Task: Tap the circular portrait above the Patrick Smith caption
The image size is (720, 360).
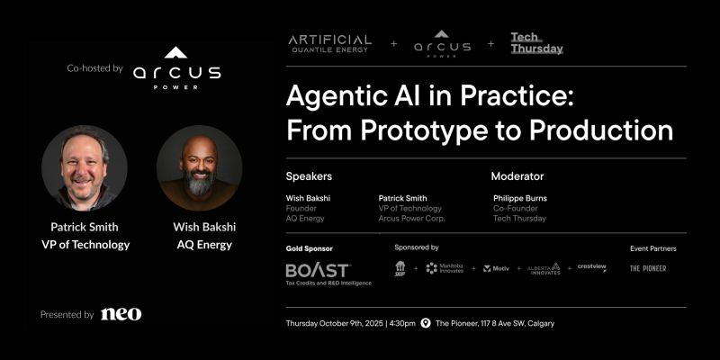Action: (85, 168)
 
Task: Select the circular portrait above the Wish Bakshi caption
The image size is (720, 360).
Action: (199, 168)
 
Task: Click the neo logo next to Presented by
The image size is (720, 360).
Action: (121, 314)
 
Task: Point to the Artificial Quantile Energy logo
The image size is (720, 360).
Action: (329, 43)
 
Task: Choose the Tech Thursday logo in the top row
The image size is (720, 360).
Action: (536, 43)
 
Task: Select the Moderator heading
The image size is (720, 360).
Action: (517, 176)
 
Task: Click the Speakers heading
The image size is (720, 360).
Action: (309, 176)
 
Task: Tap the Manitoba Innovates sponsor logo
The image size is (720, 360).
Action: (445, 268)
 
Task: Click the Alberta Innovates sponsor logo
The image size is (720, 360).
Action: (544, 268)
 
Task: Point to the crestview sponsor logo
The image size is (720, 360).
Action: (592, 267)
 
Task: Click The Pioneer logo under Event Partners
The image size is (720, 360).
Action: (648, 268)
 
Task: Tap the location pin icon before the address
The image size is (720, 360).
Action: (426, 323)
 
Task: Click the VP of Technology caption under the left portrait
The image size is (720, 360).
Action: (85, 245)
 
